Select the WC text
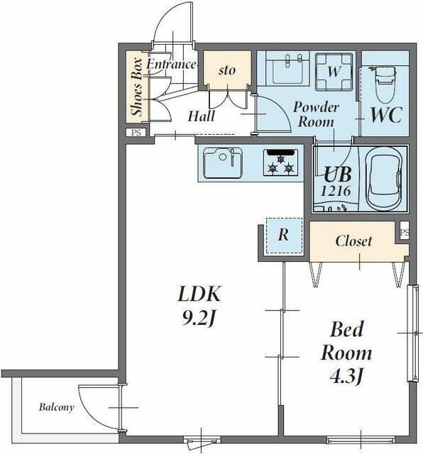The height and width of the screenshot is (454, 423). click(387, 115)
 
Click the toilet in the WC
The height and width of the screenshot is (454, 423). click(385, 84)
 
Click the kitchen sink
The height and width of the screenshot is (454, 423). click(223, 163)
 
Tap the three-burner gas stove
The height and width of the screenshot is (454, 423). click(280, 162)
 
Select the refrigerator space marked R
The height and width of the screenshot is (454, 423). click(284, 236)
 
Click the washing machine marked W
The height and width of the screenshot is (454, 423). click(334, 71)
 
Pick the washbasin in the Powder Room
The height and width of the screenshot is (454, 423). click(287, 70)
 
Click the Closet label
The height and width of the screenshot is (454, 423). click(353, 241)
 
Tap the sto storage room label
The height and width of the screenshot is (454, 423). click(227, 70)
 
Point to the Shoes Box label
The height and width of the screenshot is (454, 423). click(137, 87)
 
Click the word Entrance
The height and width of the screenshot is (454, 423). click(171, 65)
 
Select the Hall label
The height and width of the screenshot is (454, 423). click(201, 116)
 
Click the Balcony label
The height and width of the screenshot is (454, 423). click(57, 407)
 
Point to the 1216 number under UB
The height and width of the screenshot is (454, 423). click(336, 191)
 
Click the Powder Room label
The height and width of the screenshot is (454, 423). click(316, 115)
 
